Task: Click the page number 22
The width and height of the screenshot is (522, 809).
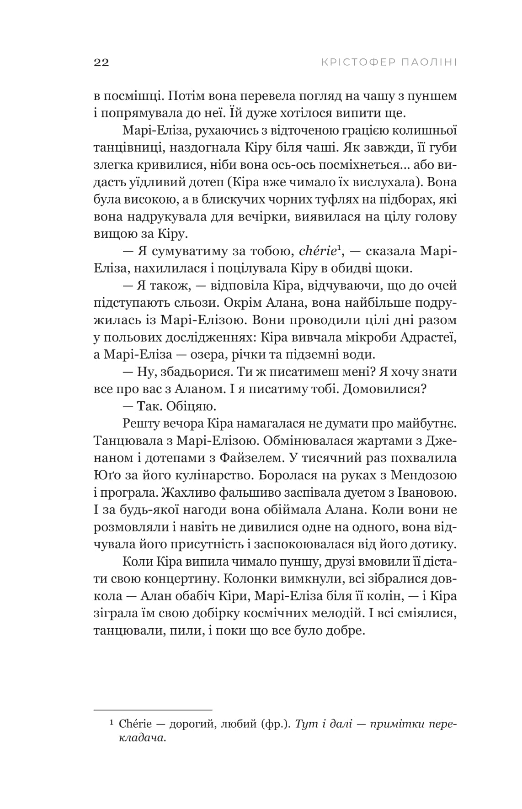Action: [x=101, y=63]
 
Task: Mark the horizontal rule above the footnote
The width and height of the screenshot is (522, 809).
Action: [x=153, y=710]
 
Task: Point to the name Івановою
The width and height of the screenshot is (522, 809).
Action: [x=427, y=493]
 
